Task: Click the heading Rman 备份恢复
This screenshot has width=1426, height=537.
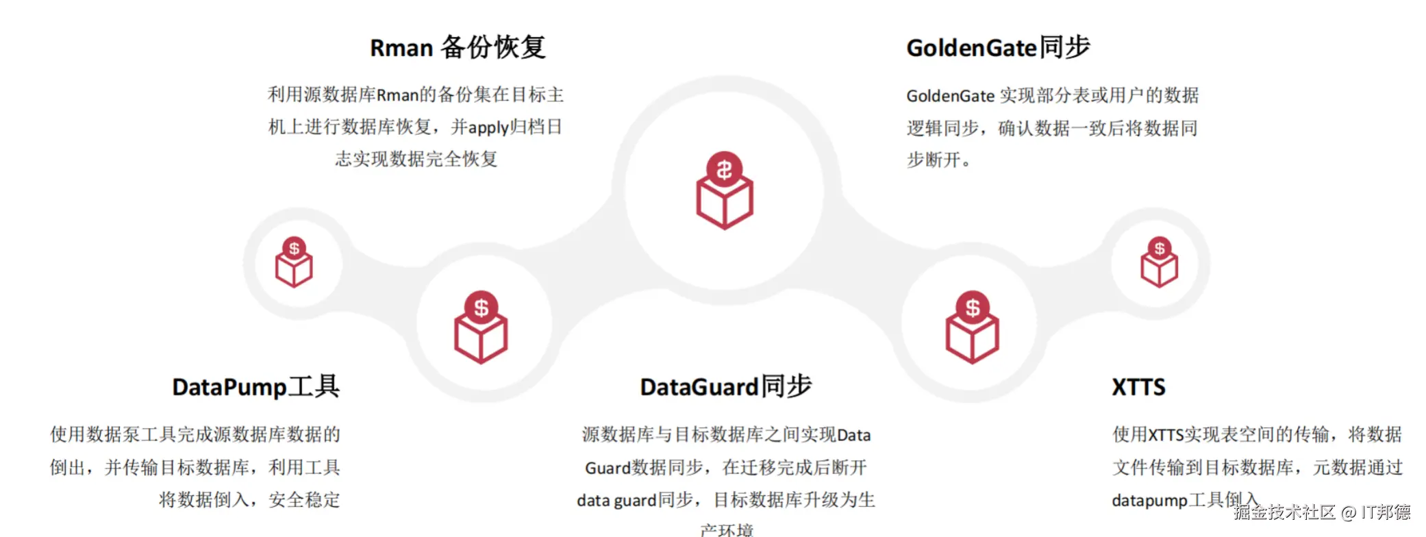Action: [457, 48]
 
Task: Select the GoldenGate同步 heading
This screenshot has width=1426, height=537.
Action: [997, 48]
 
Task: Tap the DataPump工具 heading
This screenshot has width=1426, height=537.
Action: [255, 387]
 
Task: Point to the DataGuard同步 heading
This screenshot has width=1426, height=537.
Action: [725, 387]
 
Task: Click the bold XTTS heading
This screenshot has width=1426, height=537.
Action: [1138, 388]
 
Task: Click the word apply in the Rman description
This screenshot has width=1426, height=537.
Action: [488, 128]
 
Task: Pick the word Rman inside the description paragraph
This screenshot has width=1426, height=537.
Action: [397, 95]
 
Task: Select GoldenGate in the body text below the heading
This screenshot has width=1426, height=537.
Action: [950, 96]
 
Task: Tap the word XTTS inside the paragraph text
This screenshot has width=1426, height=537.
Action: [1166, 435]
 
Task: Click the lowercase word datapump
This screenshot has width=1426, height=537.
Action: [1149, 501]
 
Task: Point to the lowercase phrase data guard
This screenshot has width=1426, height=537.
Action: [616, 501]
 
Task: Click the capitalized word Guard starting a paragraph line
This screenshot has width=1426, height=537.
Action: [607, 468]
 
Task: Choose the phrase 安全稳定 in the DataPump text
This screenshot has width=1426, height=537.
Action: [304, 500]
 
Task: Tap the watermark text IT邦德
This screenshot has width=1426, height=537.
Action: [1385, 512]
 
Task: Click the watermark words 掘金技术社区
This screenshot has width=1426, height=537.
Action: [1284, 512]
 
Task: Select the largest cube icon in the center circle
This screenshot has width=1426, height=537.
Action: [725, 200]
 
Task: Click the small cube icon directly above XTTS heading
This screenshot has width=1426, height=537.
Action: [1159, 263]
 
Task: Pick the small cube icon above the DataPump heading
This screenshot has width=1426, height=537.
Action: [294, 263]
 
